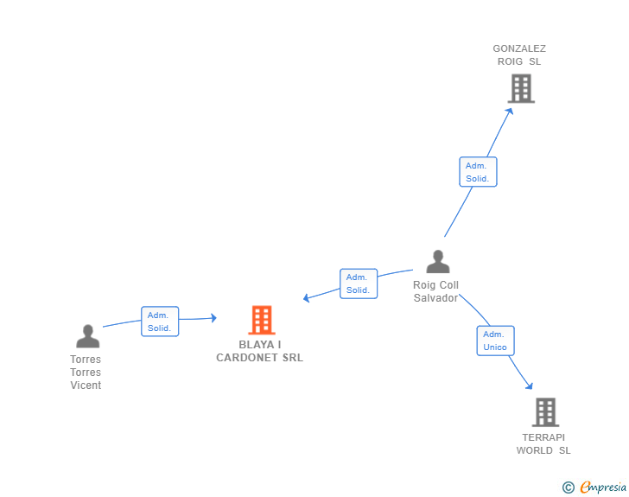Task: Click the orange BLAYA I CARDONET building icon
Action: (262, 320)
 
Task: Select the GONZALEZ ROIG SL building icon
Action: (521, 88)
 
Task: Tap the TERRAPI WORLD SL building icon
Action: (545, 412)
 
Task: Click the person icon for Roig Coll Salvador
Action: (438, 261)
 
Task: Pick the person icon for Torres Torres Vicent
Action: (88, 336)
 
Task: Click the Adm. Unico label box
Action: (495, 341)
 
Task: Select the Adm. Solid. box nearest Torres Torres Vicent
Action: (160, 322)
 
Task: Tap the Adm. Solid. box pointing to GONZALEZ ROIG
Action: (478, 172)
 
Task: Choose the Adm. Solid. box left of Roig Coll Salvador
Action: (359, 284)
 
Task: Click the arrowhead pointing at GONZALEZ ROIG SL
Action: (510, 112)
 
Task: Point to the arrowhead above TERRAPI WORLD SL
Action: (530, 386)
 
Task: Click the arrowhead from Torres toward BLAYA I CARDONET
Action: (213, 318)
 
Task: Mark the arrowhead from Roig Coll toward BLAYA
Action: (307, 298)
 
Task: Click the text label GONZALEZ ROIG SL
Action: (519, 55)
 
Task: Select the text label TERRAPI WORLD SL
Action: (543, 443)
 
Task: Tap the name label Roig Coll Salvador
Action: (435, 291)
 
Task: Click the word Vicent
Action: (86, 385)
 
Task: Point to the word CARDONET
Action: (247, 357)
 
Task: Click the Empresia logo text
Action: (603, 487)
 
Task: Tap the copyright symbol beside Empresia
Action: (568, 487)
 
